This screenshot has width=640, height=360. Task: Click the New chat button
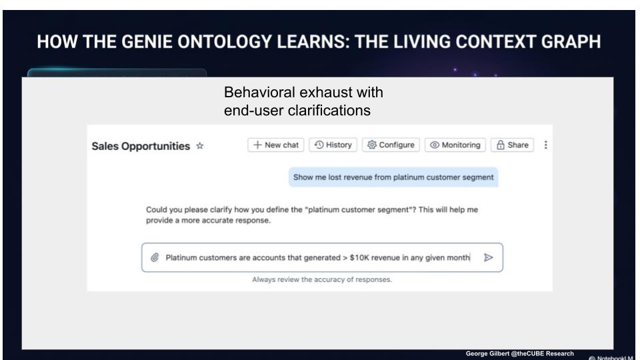275,145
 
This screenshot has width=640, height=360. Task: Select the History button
333,145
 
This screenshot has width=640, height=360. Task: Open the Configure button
391,145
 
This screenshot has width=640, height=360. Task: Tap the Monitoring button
455,145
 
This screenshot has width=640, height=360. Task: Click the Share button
512,145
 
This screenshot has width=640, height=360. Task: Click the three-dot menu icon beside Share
546,145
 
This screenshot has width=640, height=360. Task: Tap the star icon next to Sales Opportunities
199,146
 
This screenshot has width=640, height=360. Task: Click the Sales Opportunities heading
141,146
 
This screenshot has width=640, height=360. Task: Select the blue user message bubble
393,177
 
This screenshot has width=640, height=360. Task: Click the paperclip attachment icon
155,257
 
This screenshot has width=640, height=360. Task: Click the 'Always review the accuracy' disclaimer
322,279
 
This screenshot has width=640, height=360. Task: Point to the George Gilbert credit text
519,353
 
